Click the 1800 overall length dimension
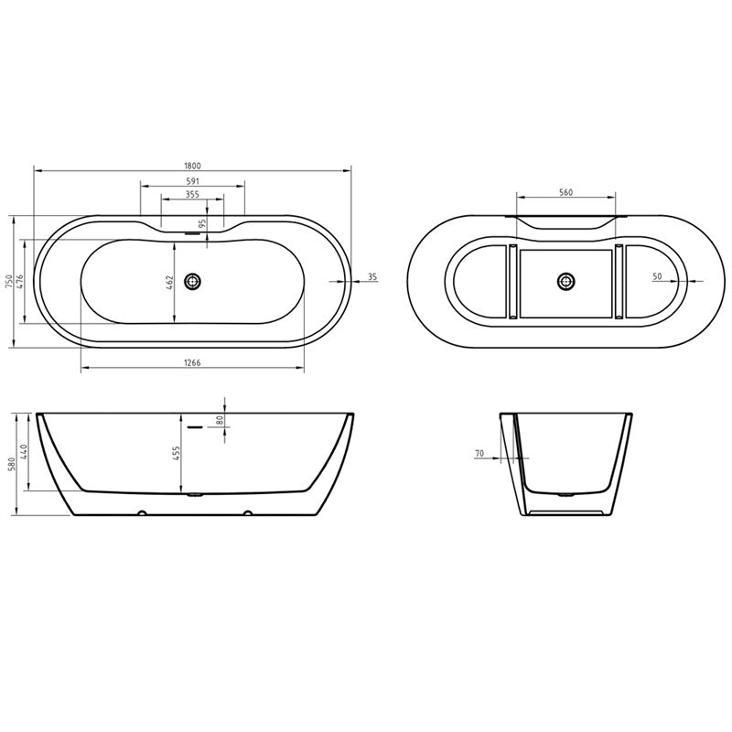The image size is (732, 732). coord(192,166)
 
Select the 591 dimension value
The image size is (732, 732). coord(192,180)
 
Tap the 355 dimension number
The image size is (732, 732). coord(192,194)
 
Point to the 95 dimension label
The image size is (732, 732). coord(202,223)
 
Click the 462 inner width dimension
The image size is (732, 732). coord(171,284)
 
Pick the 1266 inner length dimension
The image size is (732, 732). coord(192,363)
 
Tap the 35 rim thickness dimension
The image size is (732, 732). coord(371,276)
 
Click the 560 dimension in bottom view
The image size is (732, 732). coord(565,192)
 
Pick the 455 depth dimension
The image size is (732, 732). coord(178,453)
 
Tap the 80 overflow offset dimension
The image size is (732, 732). coord(221,420)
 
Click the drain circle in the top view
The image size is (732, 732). coord(192,282)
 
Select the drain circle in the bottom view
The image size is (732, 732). coord(565,282)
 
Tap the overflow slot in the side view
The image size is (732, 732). coord(194,425)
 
